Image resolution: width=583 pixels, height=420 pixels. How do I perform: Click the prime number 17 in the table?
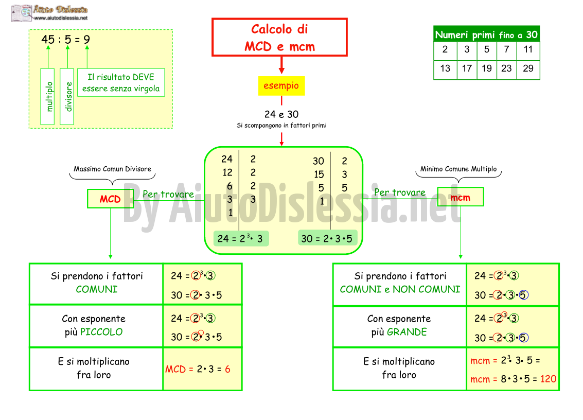pyautogui.click(x=467, y=68)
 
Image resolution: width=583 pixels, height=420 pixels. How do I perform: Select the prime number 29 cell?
pyautogui.click(x=528, y=68)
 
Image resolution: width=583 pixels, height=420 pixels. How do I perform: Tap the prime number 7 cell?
pyautogui.click(x=506, y=49)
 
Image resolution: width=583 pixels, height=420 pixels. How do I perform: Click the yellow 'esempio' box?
pyautogui.click(x=281, y=85)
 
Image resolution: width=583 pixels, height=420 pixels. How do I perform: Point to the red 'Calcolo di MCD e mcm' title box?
pyautogui.click(x=279, y=38)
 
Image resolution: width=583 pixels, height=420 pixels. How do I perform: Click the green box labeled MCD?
pyautogui.click(x=110, y=199)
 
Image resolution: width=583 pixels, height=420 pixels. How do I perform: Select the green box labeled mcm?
pyautogui.click(x=461, y=197)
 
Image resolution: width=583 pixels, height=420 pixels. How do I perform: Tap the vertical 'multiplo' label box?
pyautogui.click(x=47, y=96)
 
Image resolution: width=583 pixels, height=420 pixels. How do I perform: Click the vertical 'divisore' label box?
pyautogui.click(x=67, y=96)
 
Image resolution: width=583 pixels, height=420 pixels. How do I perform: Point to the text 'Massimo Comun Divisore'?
pyautogui.click(x=112, y=169)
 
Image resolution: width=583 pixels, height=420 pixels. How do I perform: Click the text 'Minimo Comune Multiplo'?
pyautogui.click(x=458, y=169)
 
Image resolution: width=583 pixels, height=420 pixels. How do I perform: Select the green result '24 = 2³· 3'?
pyautogui.click(x=241, y=238)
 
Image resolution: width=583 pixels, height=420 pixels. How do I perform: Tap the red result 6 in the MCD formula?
pyautogui.click(x=227, y=369)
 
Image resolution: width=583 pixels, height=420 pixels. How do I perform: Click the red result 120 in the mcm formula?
pyautogui.click(x=549, y=379)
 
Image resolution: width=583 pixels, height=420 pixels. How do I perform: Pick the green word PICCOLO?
pyautogui.click(x=101, y=332)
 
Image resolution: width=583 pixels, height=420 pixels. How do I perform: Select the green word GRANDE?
pyautogui.click(x=407, y=332)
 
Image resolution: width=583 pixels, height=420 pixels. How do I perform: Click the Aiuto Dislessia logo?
pyautogui.click(x=50, y=13)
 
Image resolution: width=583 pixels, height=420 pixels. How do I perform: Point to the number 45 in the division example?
pyautogui.click(x=48, y=40)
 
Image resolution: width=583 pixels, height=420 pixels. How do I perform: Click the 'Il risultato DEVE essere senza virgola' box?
pyautogui.click(x=121, y=82)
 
